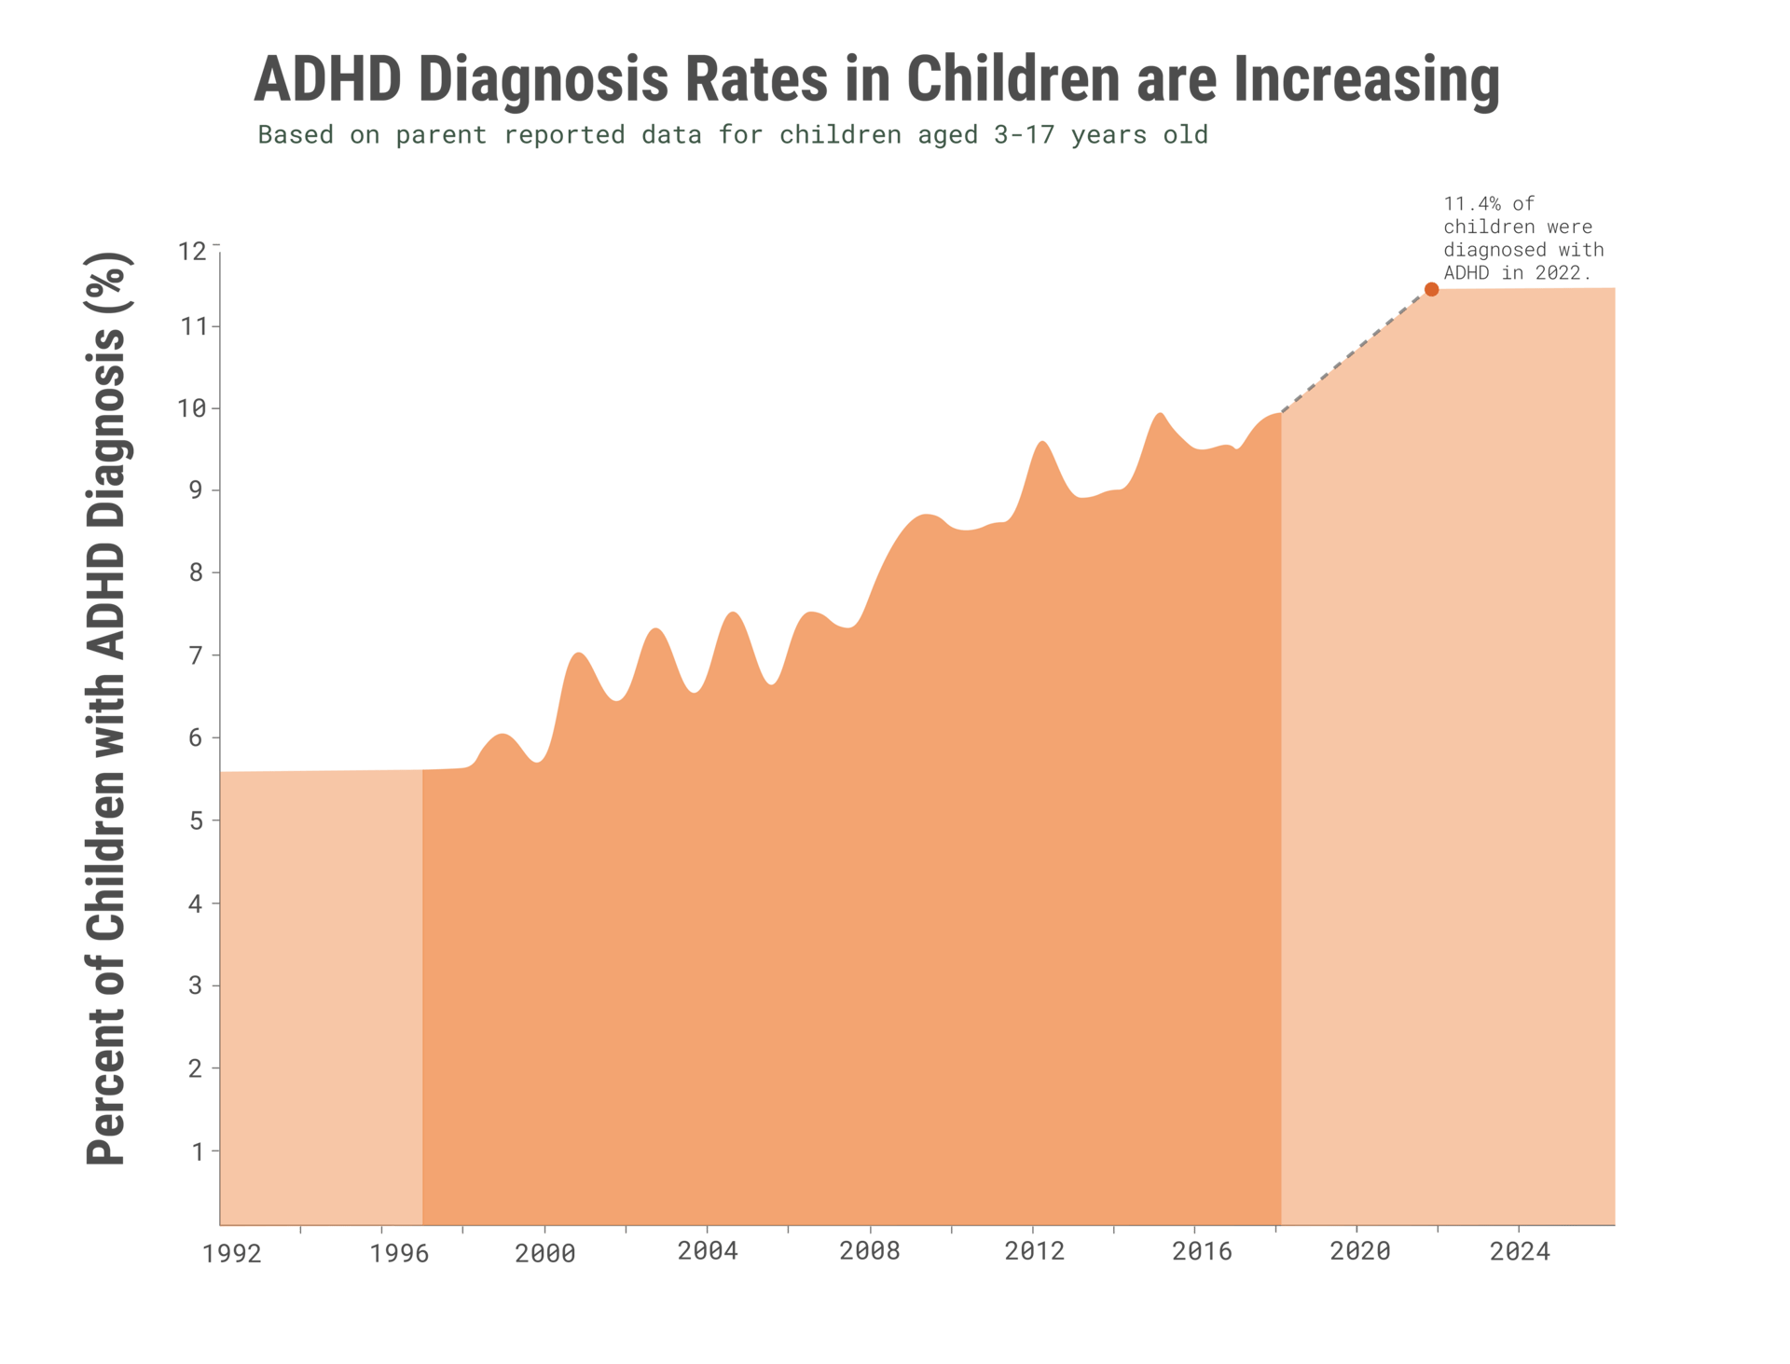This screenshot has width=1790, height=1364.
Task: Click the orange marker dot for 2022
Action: click(x=1431, y=290)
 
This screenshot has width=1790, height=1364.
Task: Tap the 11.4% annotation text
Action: click(x=1522, y=239)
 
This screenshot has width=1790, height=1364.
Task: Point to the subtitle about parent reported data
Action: click(x=732, y=135)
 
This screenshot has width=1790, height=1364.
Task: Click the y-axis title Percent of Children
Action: click(x=108, y=709)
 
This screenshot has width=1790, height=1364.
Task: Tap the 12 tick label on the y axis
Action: click(x=192, y=252)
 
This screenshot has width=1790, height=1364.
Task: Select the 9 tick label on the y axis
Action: click(x=196, y=490)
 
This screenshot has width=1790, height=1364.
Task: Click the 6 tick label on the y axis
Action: click(x=196, y=738)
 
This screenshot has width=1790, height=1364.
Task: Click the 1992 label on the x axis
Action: click(x=231, y=1254)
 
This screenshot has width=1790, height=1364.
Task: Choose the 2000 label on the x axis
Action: click(x=545, y=1253)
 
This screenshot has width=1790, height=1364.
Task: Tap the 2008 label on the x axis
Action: click(x=869, y=1251)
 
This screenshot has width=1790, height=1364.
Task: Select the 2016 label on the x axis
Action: click(x=1202, y=1251)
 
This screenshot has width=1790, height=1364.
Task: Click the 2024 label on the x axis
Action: click(x=1520, y=1251)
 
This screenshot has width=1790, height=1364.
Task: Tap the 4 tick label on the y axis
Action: click(x=196, y=904)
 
